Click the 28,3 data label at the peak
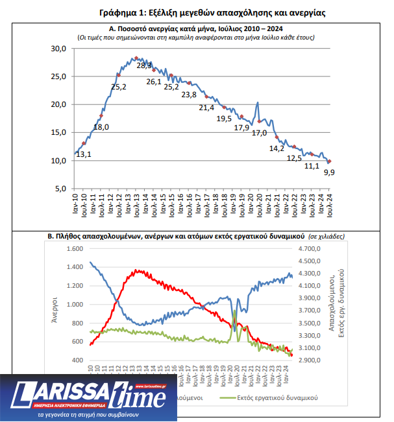click(145, 65)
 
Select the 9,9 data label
click(329, 172)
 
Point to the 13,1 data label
click(83, 154)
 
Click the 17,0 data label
click(259, 133)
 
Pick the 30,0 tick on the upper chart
click(58, 49)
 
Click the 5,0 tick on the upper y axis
click(61, 188)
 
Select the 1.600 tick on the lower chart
click(76, 249)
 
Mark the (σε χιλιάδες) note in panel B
click(328, 237)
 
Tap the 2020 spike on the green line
click(234, 312)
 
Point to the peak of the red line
click(137, 270)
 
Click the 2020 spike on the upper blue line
click(258, 102)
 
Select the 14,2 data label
click(277, 148)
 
